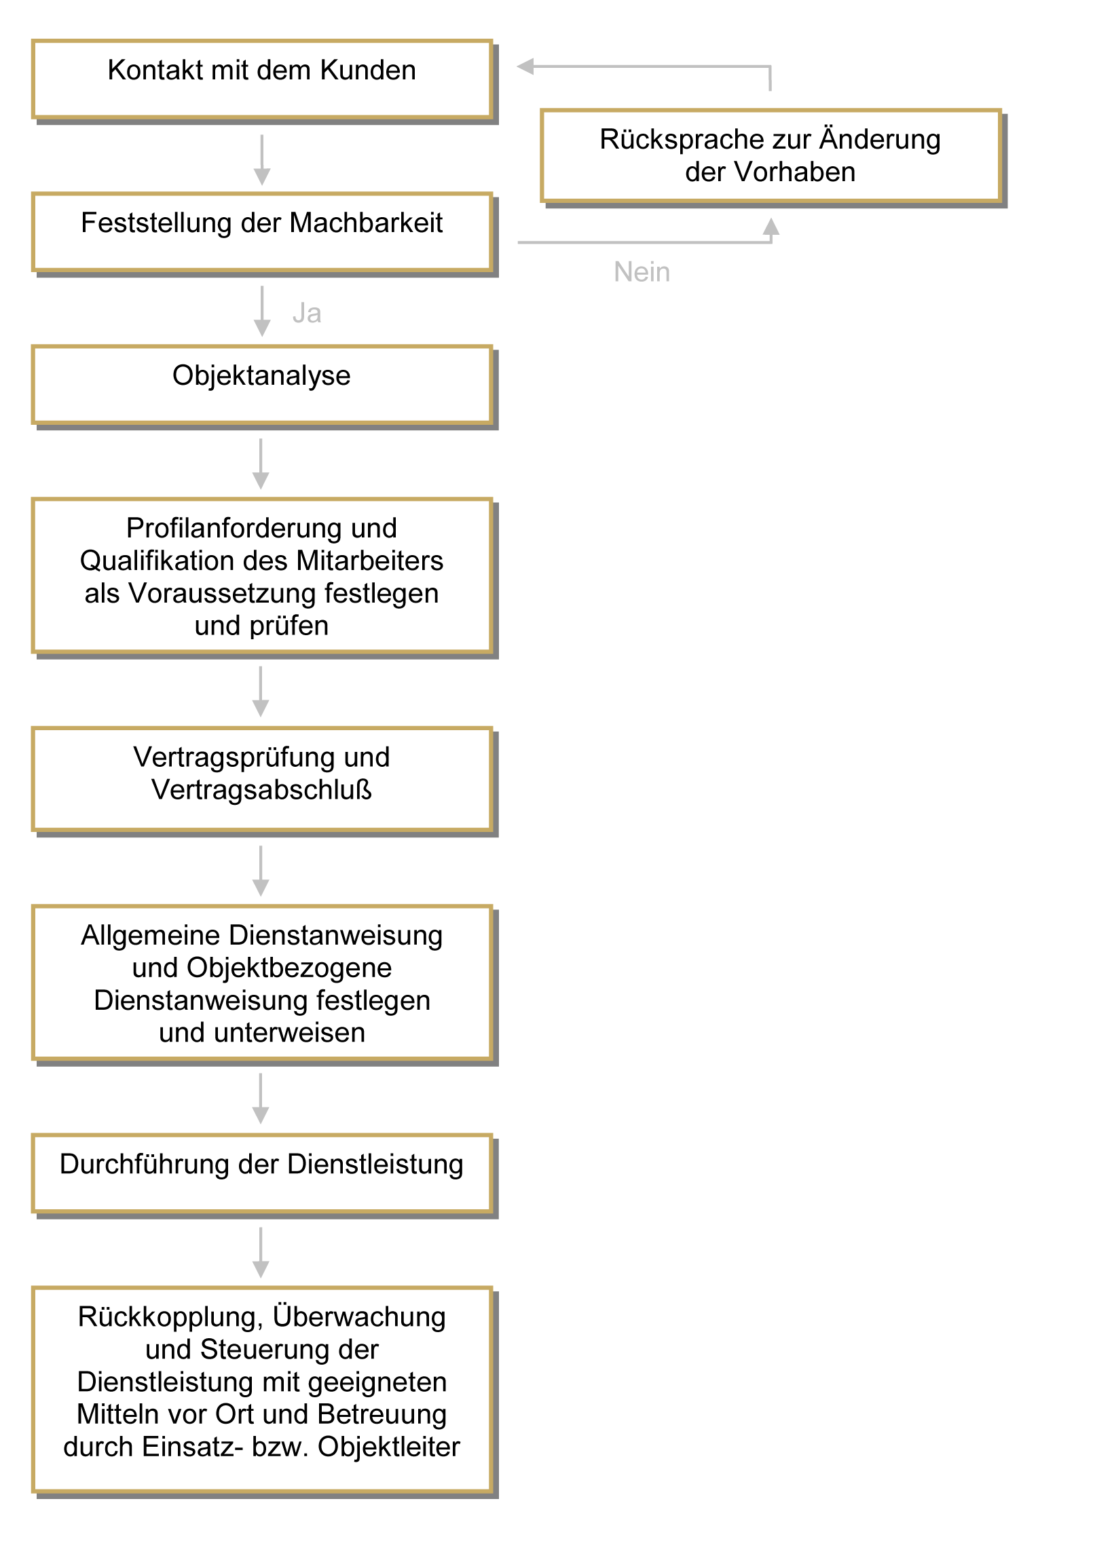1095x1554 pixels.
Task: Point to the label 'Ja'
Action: (307, 314)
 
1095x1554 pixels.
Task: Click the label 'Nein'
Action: (642, 272)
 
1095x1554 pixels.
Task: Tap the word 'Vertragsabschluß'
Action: (262, 790)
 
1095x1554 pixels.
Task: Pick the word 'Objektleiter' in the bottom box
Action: (389, 1447)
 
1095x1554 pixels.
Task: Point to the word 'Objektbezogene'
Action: (289, 968)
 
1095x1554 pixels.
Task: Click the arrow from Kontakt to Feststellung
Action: (262, 160)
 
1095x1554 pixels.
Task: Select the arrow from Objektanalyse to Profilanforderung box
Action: (261, 464)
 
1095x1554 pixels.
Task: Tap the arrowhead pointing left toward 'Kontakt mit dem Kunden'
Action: (525, 67)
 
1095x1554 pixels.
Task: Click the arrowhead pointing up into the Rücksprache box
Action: (771, 227)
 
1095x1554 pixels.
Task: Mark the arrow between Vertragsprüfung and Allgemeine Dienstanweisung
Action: (261, 871)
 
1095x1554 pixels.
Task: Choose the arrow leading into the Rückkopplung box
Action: (261, 1253)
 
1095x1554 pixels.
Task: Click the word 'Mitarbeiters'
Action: (370, 561)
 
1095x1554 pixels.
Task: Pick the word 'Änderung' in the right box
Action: (880, 138)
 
